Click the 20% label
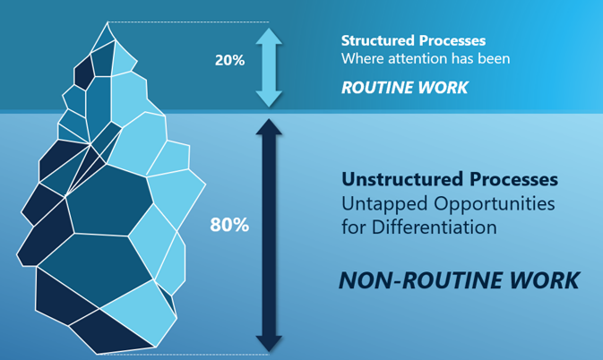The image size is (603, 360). (229, 60)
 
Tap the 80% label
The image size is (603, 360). (229, 225)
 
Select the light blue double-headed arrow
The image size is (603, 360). (269, 67)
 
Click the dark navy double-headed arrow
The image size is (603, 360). (269, 235)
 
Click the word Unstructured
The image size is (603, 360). (402, 179)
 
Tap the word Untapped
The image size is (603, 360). (385, 203)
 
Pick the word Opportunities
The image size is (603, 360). (495, 203)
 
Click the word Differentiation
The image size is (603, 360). (435, 227)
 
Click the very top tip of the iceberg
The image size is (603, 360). (108, 22)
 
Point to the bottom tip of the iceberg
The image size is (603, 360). (97, 354)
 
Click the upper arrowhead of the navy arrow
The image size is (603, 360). (269, 126)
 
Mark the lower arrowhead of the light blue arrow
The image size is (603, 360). (269, 99)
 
